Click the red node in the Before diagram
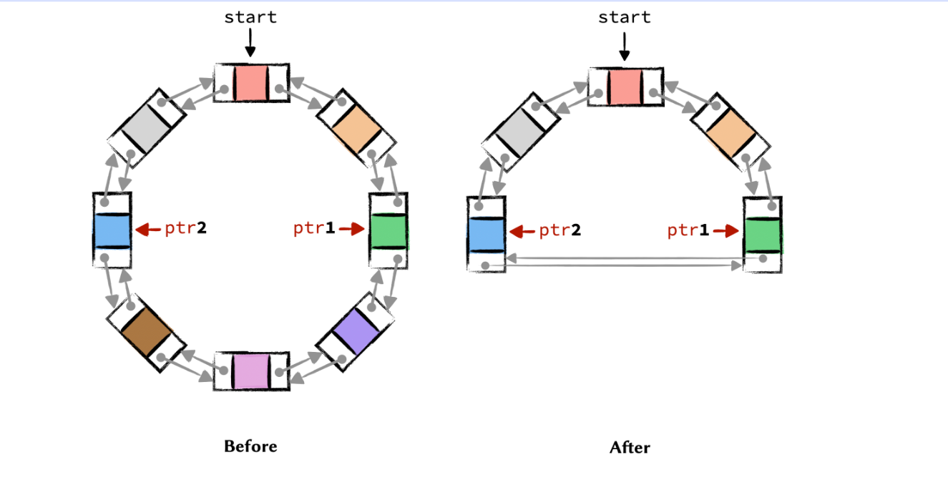pyautogui.click(x=251, y=83)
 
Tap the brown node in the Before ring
pyautogui.click(x=146, y=332)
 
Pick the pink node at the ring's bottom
pyautogui.click(x=251, y=371)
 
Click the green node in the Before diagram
pyautogui.click(x=389, y=230)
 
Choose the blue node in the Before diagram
pyautogui.click(x=112, y=230)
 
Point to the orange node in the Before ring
pyautogui.click(x=356, y=127)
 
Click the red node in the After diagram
pyautogui.click(x=625, y=87)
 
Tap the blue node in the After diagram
pyautogui.click(x=487, y=235)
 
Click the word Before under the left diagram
pyautogui.click(x=250, y=446)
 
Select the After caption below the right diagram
pyautogui.click(x=630, y=448)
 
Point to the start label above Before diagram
pyautogui.click(x=250, y=17)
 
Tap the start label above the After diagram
pyautogui.click(x=625, y=17)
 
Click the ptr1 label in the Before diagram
pyautogui.click(x=314, y=229)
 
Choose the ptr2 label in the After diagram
pyautogui.click(x=559, y=230)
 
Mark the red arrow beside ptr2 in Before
pyautogui.click(x=148, y=229)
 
